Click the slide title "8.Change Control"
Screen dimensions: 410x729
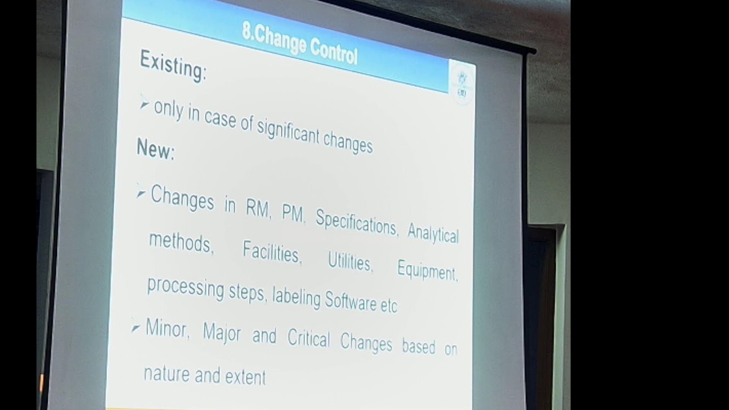(x=300, y=43)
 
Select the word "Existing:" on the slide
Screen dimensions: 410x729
(x=173, y=65)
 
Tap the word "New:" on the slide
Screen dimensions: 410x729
(x=155, y=149)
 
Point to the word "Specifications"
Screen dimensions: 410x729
(x=356, y=223)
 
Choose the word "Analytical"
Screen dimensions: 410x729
(x=433, y=231)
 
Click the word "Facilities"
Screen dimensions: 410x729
(x=271, y=252)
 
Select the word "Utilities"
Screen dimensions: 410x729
(x=350, y=261)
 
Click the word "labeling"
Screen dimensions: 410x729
(x=296, y=297)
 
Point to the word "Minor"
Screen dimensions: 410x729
(x=167, y=329)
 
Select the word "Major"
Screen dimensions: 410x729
(x=222, y=333)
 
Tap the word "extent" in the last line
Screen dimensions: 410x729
(x=244, y=376)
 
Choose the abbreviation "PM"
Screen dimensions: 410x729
(x=293, y=214)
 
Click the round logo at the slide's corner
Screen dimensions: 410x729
(x=461, y=82)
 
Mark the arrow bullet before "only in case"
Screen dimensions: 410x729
(x=144, y=104)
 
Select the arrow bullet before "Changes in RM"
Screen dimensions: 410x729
(x=141, y=194)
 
